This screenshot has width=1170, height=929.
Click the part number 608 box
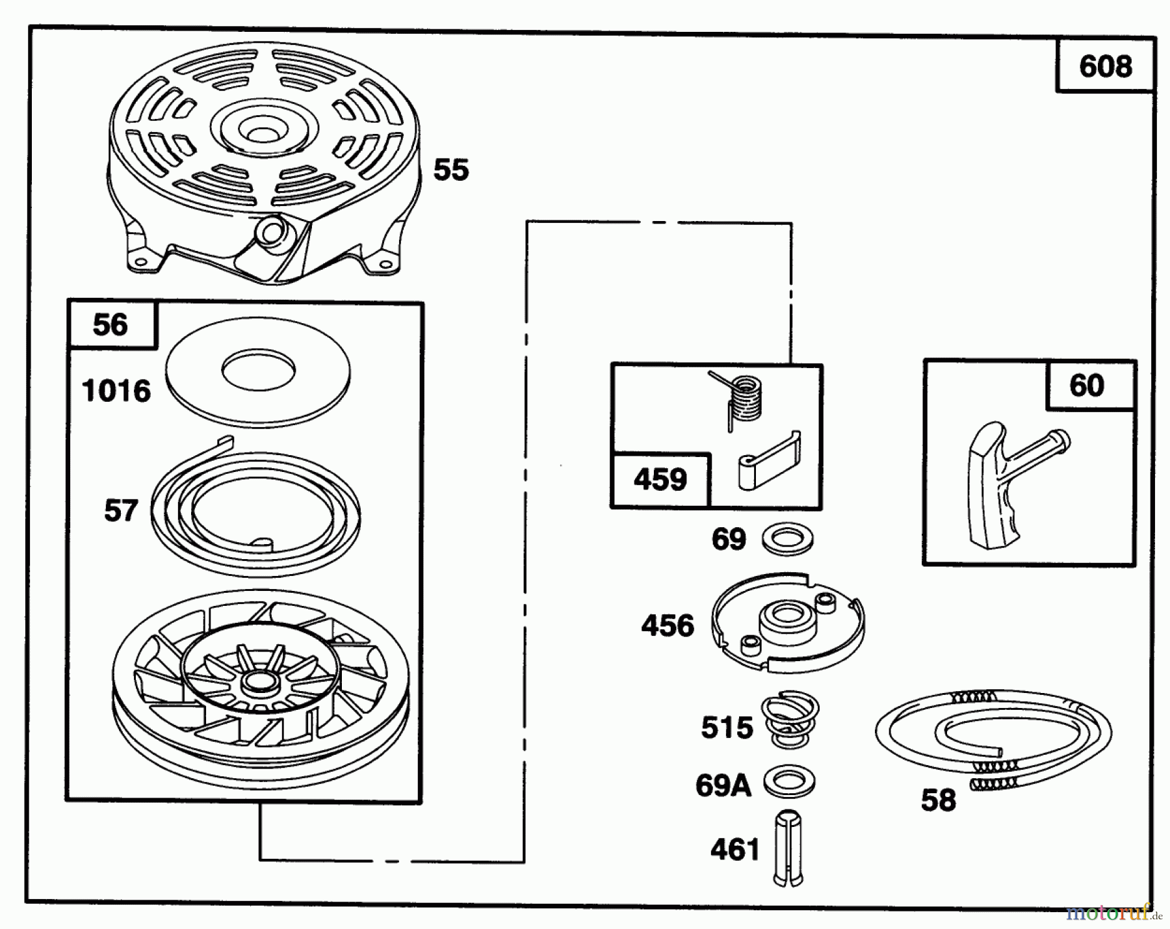point(1105,66)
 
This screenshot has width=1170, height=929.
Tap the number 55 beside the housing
point(451,170)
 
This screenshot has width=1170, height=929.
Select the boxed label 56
point(110,324)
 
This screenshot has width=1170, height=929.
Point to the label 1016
point(116,391)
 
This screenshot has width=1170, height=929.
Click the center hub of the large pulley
point(258,682)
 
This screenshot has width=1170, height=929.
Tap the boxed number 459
point(660,480)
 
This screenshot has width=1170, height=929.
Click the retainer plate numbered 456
point(788,622)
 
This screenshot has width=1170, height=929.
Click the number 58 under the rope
point(939,800)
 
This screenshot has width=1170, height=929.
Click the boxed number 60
point(1086,386)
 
